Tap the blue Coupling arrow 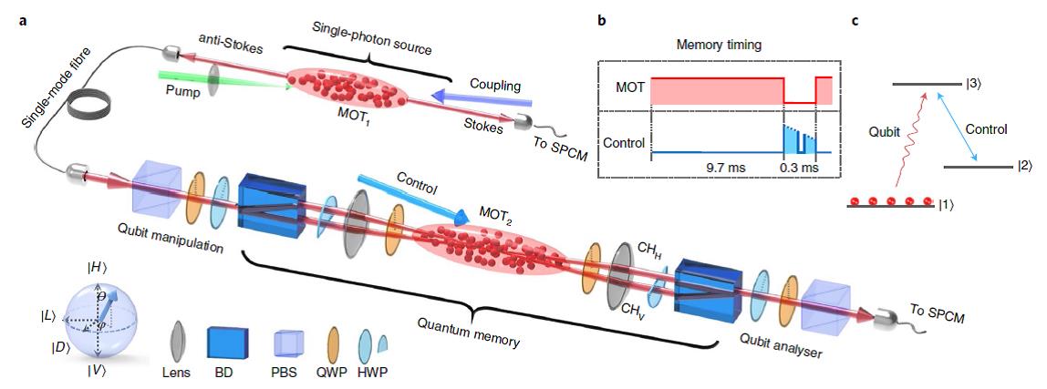point(481,99)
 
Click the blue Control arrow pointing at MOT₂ point(409,197)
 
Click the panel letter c point(855,20)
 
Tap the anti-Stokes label point(221,47)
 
